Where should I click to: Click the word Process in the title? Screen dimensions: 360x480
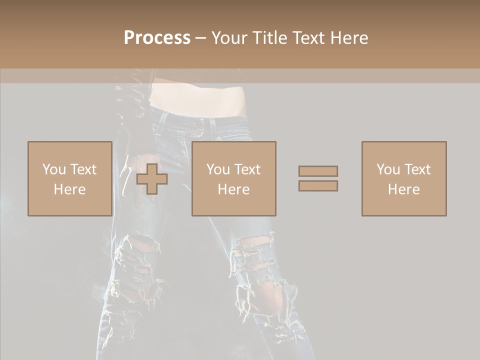tap(157, 38)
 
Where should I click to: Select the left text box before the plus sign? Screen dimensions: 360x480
tap(69, 178)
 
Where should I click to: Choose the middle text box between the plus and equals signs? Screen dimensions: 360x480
tap(233, 178)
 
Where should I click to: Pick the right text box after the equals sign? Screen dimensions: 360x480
tap(403, 178)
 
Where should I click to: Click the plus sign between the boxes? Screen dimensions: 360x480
tap(152, 178)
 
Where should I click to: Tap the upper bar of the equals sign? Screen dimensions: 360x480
tap(318, 171)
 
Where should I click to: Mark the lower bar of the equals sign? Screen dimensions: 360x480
tap(318, 185)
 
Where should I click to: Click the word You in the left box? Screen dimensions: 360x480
tap(54, 169)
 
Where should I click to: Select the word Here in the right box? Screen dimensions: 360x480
tap(403, 189)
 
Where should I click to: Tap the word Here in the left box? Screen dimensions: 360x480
tap(69, 189)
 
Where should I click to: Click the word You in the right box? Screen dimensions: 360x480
tap(388, 169)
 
